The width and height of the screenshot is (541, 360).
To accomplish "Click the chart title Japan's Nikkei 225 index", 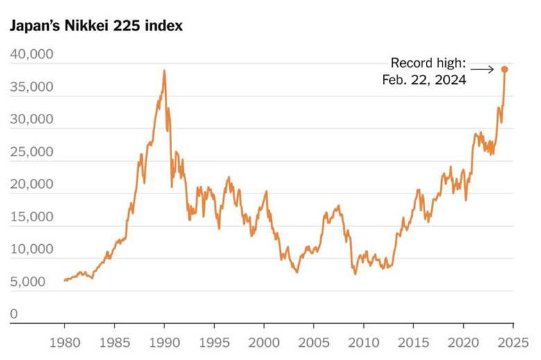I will tap(95, 26).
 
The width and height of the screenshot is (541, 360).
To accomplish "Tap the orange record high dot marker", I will tap(505, 69).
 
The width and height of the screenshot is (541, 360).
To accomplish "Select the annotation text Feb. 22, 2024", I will tap(424, 80).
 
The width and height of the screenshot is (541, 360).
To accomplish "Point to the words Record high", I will tap(429, 63).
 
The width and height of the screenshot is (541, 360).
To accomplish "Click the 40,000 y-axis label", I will tap(31, 55).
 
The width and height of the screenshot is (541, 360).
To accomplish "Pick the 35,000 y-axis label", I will tap(31, 87).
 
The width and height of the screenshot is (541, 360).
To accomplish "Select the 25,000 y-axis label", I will tap(31, 152).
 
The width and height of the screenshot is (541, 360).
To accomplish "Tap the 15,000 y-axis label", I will tap(31, 217).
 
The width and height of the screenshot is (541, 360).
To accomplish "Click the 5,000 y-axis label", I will tap(28, 282).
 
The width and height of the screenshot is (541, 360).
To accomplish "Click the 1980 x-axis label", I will tap(65, 342).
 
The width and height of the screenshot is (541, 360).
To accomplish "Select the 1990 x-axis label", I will tap(164, 342).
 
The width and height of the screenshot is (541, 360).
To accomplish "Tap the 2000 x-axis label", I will tap(264, 342).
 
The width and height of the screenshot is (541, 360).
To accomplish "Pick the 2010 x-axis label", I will tap(363, 342).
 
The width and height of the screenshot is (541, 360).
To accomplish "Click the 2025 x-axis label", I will tap(513, 342).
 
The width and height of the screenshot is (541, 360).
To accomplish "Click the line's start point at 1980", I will tap(65, 280).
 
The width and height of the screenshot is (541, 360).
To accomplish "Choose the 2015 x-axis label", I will tap(413, 342).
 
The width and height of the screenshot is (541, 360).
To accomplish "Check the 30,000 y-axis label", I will tap(31, 119).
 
